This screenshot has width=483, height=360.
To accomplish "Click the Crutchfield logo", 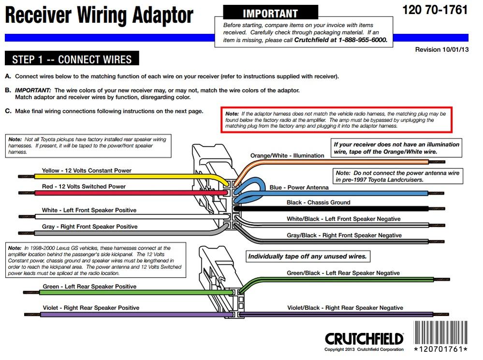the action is tap(364, 339).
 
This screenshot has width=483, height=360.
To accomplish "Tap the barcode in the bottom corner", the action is tap(440, 332).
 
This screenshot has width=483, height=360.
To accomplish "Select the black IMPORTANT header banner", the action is tap(270, 13).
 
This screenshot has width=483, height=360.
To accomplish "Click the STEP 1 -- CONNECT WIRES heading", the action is tap(72, 59).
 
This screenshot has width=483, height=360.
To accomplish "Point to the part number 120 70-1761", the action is tap(435, 10).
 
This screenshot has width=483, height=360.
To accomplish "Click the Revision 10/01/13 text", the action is tap(442, 50).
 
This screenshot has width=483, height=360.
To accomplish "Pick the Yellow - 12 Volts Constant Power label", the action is tap(87, 170).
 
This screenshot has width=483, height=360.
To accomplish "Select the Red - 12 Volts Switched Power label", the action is tap(84, 186).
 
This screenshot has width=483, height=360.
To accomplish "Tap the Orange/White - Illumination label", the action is tap(287, 156).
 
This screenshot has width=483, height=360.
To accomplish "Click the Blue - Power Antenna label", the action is tap(299, 187).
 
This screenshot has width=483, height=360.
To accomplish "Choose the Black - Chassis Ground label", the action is tap(318, 202).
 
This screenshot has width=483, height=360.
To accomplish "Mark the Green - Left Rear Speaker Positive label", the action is tap(89, 286).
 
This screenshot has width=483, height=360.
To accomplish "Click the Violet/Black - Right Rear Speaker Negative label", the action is tap(345, 308).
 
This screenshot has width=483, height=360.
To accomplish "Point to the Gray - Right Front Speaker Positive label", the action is tap(89, 226).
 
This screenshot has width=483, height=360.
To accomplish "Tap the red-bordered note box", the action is tap(337, 120).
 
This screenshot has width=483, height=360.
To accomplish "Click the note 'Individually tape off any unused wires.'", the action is tap(307, 256).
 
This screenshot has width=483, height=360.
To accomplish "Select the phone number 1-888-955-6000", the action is tap(363, 40).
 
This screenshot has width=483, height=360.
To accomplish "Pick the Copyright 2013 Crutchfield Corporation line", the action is tap(364, 349).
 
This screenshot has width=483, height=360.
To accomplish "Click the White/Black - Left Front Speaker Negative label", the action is tap(343, 219).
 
